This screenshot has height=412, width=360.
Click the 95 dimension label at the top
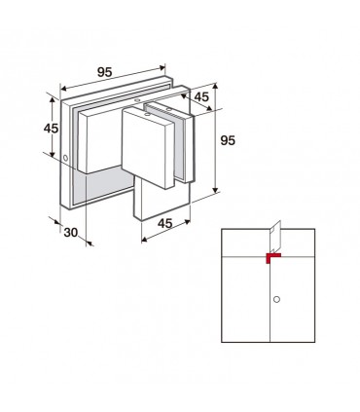(105, 72)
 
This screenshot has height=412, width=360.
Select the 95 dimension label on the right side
(228, 140)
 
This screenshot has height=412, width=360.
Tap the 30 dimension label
(71, 233)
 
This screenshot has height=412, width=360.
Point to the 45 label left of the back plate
(51, 129)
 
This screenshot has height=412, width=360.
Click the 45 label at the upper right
(201, 96)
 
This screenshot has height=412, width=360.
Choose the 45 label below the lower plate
(165, 223)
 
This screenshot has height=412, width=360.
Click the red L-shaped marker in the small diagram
(271, 257)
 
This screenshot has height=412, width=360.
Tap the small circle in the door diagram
(276, 299)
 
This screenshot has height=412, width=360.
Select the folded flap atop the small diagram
(275, 237)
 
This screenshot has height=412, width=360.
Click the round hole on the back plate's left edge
(66, 159)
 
